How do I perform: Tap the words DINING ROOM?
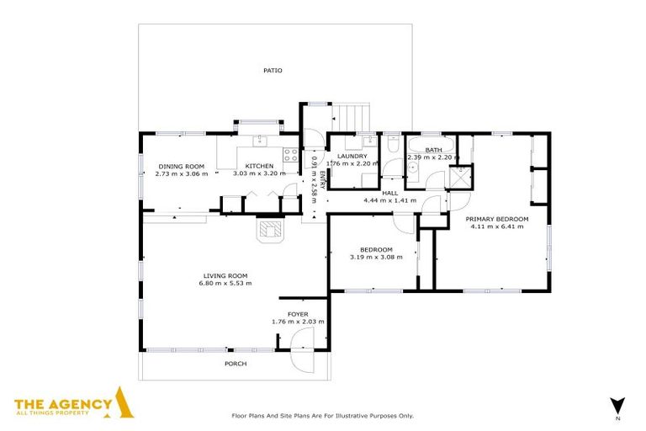182,166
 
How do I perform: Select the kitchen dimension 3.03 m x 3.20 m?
259,173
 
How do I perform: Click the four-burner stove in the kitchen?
289,155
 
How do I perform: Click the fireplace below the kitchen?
271,231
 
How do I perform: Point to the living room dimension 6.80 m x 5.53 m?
225,283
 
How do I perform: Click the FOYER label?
298,314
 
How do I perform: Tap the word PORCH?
236,364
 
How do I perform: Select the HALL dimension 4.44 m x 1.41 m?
389,201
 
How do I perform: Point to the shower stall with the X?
461,177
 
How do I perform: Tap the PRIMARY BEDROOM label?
497,219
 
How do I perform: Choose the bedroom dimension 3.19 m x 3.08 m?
376,257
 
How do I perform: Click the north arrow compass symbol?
617,404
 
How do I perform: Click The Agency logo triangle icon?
124,403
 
